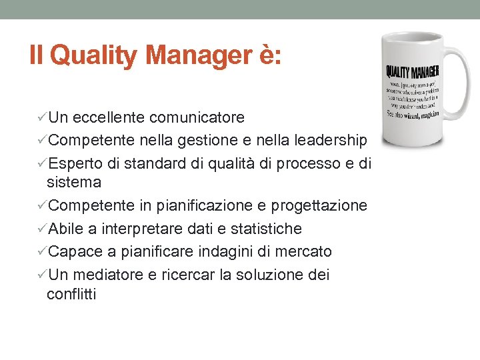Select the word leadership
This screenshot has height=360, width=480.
pos(328,140)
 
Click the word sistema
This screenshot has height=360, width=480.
pos(74,182)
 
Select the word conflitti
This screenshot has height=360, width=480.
pos(71,294)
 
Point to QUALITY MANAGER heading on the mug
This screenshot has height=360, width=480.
pos(411,72)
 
